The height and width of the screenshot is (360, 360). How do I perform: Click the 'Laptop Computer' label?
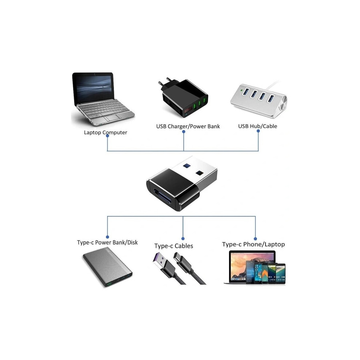pos(105,132)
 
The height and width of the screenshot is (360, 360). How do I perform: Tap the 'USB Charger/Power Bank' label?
pos(188,126)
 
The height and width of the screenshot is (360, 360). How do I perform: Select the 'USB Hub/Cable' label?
pos(257,126)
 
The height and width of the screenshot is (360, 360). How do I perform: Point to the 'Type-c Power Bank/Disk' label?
pos(107,243)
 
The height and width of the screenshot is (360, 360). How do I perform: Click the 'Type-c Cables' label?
pos(173,246)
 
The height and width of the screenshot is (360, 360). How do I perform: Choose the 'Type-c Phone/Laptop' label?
pos(253,244)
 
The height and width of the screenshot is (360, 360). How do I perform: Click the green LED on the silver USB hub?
pos(241,90)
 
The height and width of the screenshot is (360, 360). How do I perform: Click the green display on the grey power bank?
pos(109,284)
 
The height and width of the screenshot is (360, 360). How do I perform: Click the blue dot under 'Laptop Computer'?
pos(107,136)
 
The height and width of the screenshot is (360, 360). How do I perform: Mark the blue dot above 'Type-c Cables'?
pos(183,239)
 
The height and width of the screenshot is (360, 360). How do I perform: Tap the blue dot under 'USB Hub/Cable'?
pos(258,131)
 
